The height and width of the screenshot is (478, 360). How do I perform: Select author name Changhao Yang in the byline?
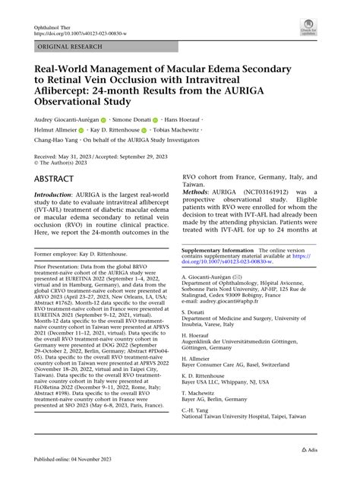point(58,142)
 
